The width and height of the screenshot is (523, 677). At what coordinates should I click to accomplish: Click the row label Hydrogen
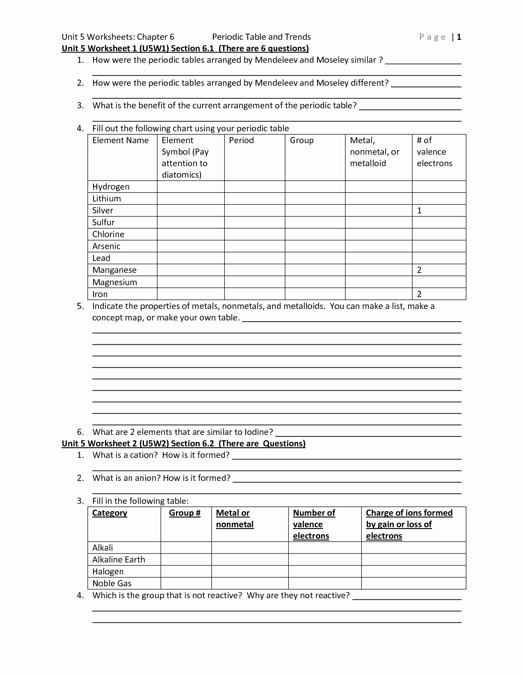[x=111, y=187]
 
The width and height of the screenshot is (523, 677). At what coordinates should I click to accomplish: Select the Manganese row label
[x=114, y=270]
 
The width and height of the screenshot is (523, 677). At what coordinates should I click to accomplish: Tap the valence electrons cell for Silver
[x=438, y=210]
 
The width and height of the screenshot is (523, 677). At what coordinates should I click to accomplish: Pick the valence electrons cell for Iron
[x=438, y=294]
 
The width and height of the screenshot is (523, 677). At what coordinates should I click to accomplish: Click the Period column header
[x=241, y=140]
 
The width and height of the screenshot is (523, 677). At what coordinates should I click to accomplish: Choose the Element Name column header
[x=120, y=140]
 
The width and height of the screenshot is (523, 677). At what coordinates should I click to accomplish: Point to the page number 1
[x=459, y=37]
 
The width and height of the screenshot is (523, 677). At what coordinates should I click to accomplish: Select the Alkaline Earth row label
[x=119, y=560]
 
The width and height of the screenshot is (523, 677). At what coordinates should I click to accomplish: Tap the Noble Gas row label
[x=112, y=583]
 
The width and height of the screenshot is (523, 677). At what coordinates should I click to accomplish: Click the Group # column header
[x=185, y=513]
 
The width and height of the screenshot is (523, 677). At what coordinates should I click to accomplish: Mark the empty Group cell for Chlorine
[x=315, y=234]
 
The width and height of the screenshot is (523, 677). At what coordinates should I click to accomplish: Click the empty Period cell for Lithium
[x=254, y=199]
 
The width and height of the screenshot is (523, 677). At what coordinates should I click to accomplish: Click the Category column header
[x=110, y=513]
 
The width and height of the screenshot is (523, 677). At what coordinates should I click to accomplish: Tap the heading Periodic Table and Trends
[x=261, y=37]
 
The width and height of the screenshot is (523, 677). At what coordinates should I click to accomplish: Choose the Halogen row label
[x=107, y=572]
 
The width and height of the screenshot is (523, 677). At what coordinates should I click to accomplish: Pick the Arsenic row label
[x=106, y=246]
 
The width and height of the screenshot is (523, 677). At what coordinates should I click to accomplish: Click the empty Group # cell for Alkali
[x=186, y=548]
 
